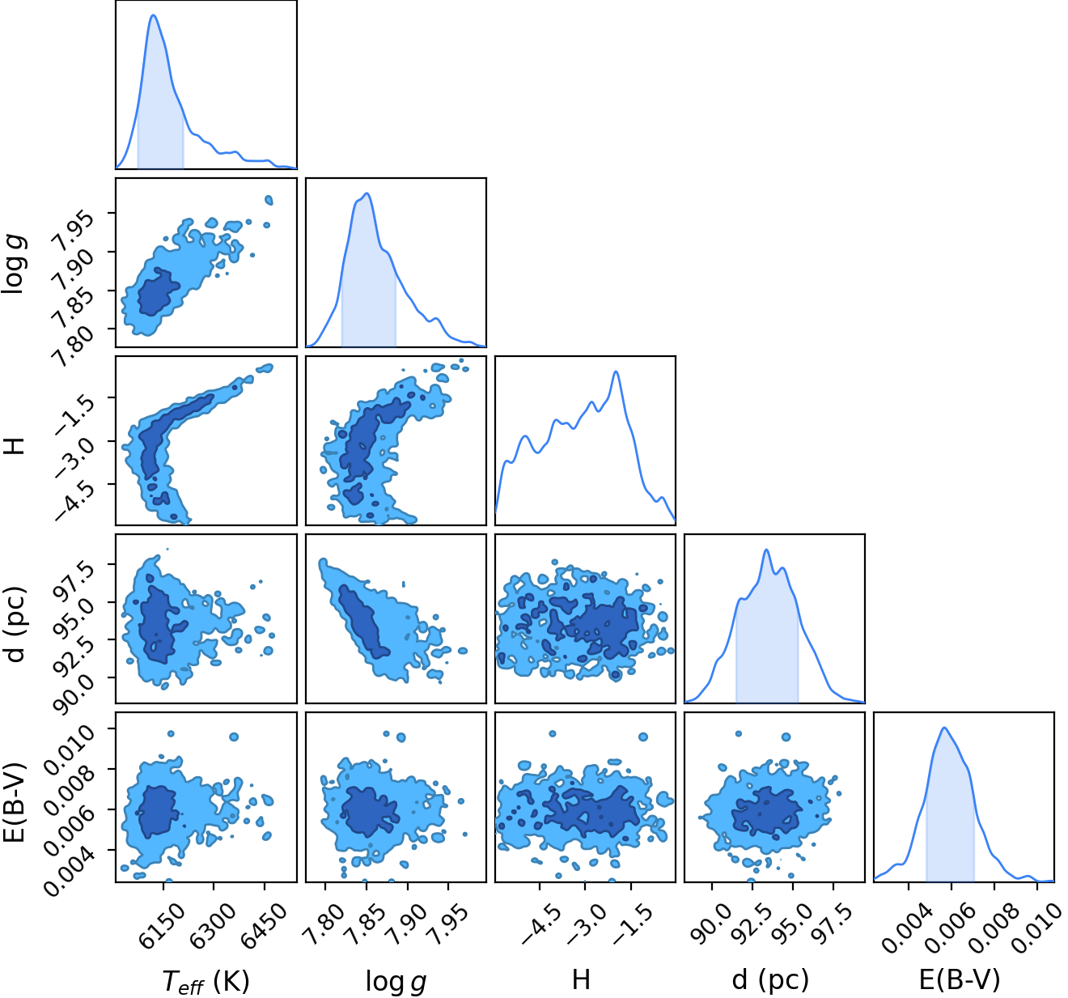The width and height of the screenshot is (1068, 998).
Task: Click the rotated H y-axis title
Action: (x=15, y=444)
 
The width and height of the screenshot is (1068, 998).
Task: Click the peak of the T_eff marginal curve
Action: (x=153, y=15)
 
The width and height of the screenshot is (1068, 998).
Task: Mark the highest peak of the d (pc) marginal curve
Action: (x=766, y=550)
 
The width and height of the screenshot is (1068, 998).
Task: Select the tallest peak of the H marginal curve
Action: (x=617, y=372)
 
